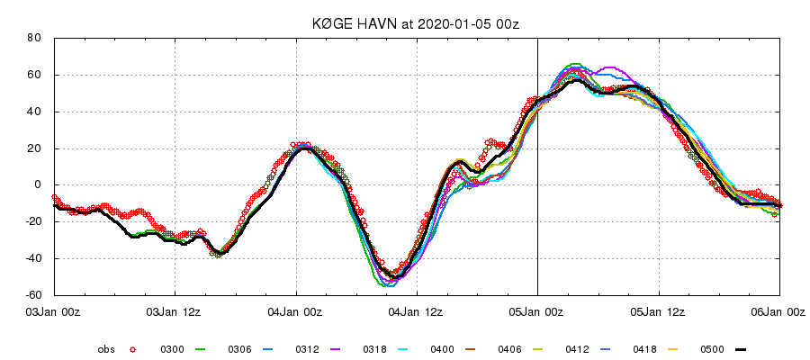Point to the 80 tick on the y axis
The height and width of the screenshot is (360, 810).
[x=35, y=38]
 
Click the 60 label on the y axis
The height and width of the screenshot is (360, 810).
[x=35, y=75]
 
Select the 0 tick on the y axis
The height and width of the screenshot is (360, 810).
[x=39, y=184]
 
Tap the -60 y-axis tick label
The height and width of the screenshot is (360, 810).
[x=33, y=295]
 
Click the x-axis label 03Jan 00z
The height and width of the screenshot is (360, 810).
[x=55, y=311]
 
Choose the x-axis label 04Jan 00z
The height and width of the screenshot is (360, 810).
[x=296, y=311]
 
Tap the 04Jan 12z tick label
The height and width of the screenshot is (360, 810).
[x=417, y=311]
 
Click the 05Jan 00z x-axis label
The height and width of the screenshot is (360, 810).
[x=537, y=311]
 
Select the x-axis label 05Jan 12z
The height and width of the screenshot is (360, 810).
[x=658, y=311]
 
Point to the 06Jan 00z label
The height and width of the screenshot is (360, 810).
[x=778, y=311]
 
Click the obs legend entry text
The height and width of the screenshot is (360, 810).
[x=106, y=349]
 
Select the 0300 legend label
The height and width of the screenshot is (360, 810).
[x=172, y=349]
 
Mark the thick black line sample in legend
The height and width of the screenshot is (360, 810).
[x=742, y=349]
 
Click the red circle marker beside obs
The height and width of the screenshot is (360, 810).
[x=133, y=349]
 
